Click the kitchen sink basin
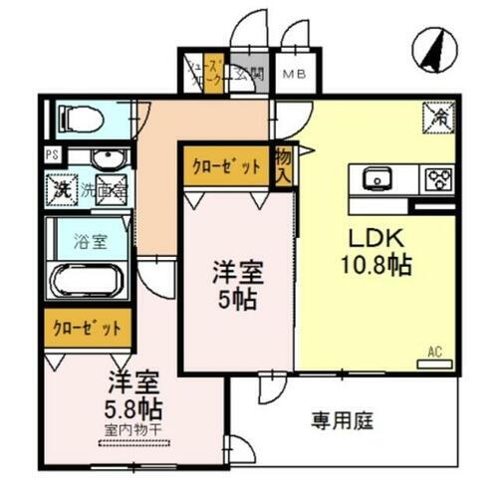pyautogui.click(x=378, y=180)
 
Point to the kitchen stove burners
pyautogui.click(x=438, y=180)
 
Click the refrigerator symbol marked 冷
pyautogui.click(x=439, y=117)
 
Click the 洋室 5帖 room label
pyautogui.click(x=236, y=285)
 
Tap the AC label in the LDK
pyautogui.click(x=434, y=351)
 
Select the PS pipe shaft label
pyautogui.click(x=51, y=155)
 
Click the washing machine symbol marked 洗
pyautogui.click(x=61, y=187)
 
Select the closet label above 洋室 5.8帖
pyautogui.click(x=88, y=326)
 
